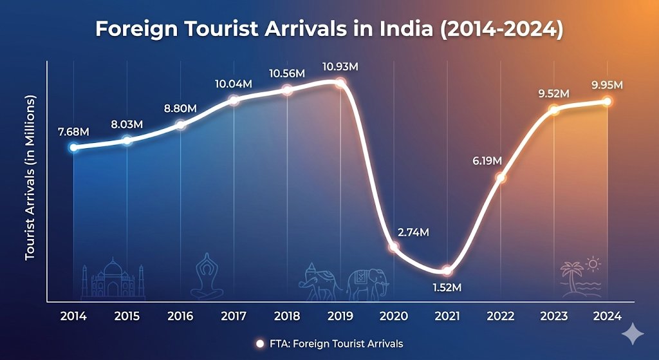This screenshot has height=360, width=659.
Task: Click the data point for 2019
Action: click(x=340, y=82)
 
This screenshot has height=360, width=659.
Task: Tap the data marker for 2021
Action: click(x=447, y=270)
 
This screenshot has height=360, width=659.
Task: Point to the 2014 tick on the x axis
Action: click(x=73, y=316)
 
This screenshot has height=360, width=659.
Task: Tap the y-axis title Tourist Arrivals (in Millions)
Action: click(x=30, y=178)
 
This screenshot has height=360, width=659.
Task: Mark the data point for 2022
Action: click(x=501, y=178)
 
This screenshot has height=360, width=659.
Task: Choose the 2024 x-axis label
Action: click(x=608, y=316)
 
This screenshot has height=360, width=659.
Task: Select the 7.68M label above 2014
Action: click(x=72, y=132)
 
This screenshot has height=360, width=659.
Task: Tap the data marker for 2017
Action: click(x=234, y=100)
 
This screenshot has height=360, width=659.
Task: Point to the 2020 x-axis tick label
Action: click(x=394, y=316)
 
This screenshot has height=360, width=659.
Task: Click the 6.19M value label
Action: click(x=486, y=160)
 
